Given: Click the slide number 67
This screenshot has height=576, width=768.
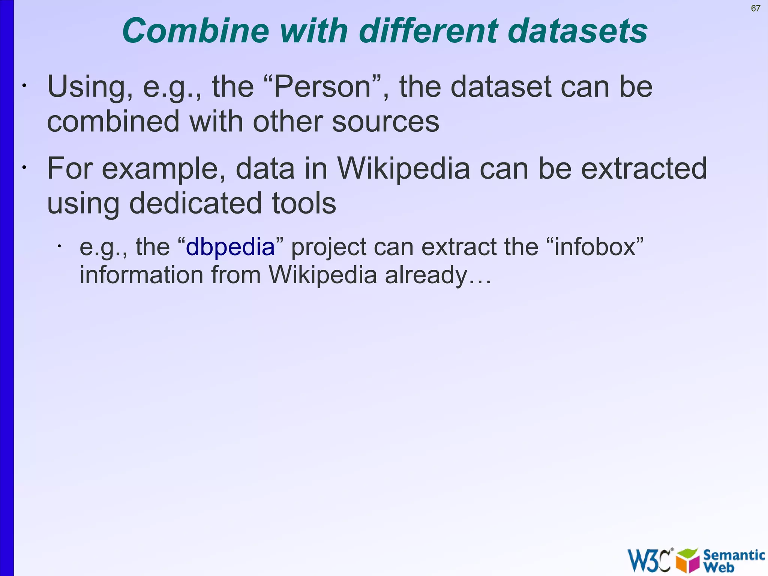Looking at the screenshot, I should [x=756, y=8].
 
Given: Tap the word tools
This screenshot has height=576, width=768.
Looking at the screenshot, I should [x=304, y=203].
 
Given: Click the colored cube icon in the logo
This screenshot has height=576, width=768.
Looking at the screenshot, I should [x=687, y=560].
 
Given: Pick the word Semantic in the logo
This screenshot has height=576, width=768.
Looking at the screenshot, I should [x=734, y=555].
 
